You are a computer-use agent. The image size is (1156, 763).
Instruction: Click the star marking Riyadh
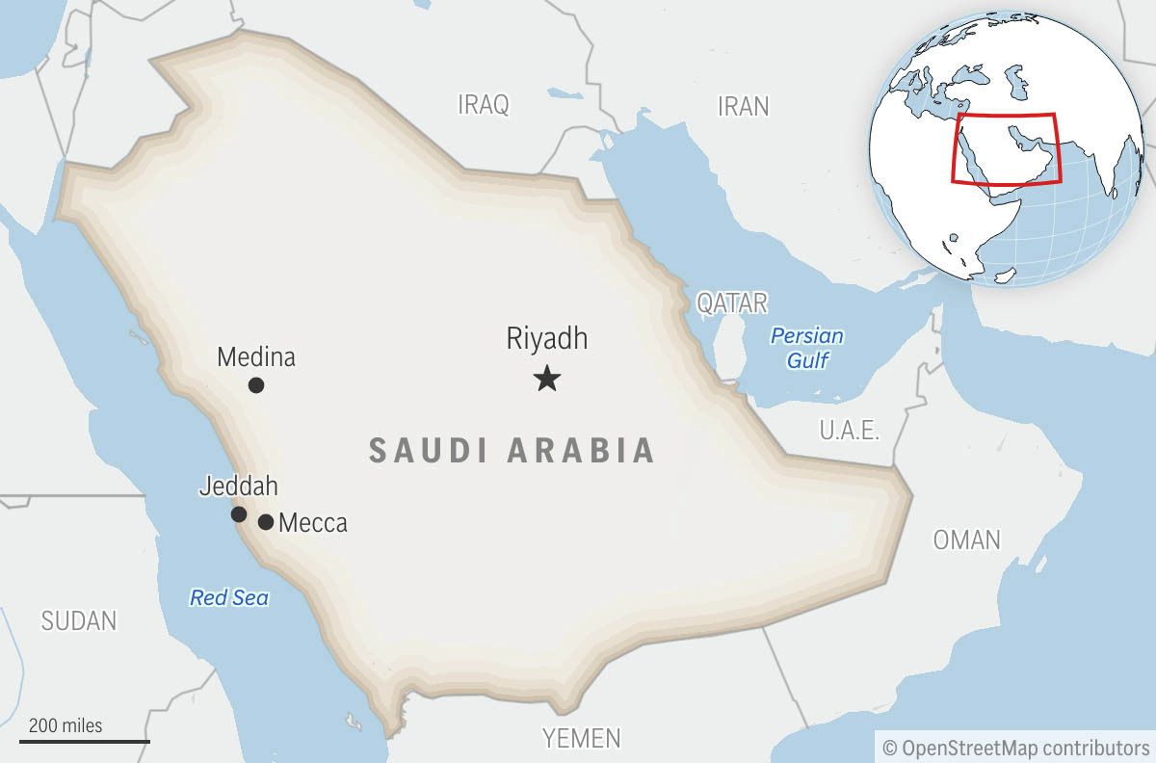(547, 379)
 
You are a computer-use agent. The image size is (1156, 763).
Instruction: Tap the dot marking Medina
(256, 385)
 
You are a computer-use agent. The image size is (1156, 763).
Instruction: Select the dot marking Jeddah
(239, 514)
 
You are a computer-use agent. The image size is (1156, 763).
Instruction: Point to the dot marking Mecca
(266, 522)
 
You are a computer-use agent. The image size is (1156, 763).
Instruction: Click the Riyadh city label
(546, 339)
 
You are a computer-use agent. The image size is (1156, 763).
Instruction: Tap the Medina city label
(256, 357)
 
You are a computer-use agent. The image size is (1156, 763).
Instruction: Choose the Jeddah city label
(238, 486)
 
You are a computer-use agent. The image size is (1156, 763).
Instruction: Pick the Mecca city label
(312, 524)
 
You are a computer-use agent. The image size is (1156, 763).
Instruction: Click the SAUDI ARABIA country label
(512, 451)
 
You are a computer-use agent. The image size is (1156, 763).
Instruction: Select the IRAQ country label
(483, 105)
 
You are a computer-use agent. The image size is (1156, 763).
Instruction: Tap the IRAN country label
(744, 106)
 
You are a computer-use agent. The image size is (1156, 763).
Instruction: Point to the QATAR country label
(732, 303)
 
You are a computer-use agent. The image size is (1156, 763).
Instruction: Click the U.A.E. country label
(850, 430)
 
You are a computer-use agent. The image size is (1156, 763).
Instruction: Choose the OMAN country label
(966, 539)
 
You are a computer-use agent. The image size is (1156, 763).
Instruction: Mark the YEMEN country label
(582, 739)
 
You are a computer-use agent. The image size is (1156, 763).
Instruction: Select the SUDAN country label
(79, 621)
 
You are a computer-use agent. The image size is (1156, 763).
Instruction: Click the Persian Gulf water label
(807, 348)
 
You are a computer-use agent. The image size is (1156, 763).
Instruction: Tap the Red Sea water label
(229, 598)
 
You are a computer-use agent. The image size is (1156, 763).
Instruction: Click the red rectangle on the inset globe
(1006, 147)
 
